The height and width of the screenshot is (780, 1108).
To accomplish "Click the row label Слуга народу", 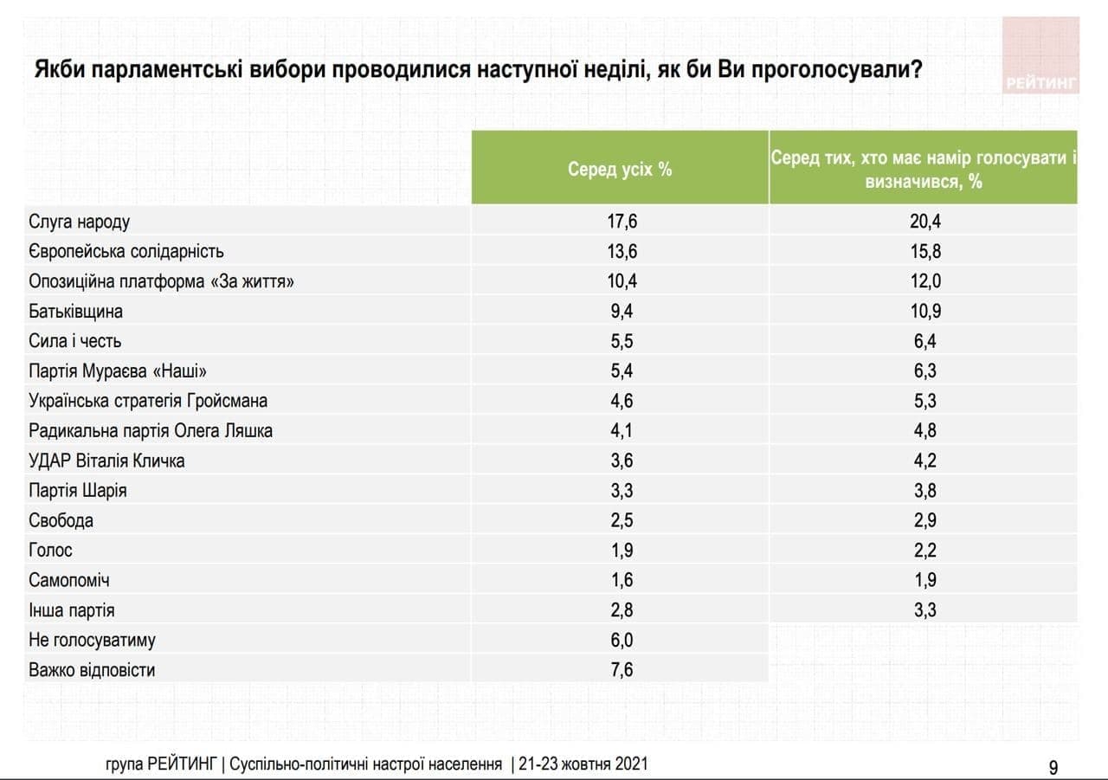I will pyautogui.click(x=80, y=222).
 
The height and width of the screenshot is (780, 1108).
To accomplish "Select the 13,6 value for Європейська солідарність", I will pyautogui.click(x=621, y=251).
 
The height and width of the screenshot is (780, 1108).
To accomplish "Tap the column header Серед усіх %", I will pyautogui.click(x=620, y=169).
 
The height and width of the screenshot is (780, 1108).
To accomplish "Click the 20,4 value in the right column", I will pyautogui.click(x=924, y=222).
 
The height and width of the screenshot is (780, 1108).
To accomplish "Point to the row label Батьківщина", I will pyautogui.click(x=76, y=311).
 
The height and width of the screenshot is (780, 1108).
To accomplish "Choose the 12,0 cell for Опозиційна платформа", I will pyautogui.click(x=924, y=281).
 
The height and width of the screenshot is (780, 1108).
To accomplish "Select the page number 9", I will pyautogui.click(x=1053, y=767).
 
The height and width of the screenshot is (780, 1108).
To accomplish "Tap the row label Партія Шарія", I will pyautogui.click(x=78, y=490).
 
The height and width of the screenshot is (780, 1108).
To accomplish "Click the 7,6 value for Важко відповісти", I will pyautogui.click(x=621, y=670).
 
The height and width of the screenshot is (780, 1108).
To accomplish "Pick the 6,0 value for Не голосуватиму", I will pyautogui.click(x=621, y=640).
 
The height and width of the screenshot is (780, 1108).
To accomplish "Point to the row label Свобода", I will pyautogui.click(x=61, y=520).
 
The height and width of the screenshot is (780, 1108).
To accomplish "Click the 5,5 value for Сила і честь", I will pyautogui.click(x=621, y=341).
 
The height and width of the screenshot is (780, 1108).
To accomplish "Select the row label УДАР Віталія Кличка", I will pyautogui.click(x=106, y=461).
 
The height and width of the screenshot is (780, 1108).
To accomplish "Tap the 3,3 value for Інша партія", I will pyautogui.click(x=924, y=610).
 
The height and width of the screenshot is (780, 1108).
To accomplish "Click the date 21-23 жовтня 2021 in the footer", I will pyautogui.click(x=583, y=765).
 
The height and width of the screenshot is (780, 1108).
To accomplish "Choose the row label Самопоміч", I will pyautogui.click(x=69, y=580).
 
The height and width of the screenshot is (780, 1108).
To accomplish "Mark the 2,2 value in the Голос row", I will pyautogui.click(x=924, y=551).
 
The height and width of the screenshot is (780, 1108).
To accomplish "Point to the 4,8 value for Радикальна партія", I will pyautogui.click(x=924, y=430).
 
